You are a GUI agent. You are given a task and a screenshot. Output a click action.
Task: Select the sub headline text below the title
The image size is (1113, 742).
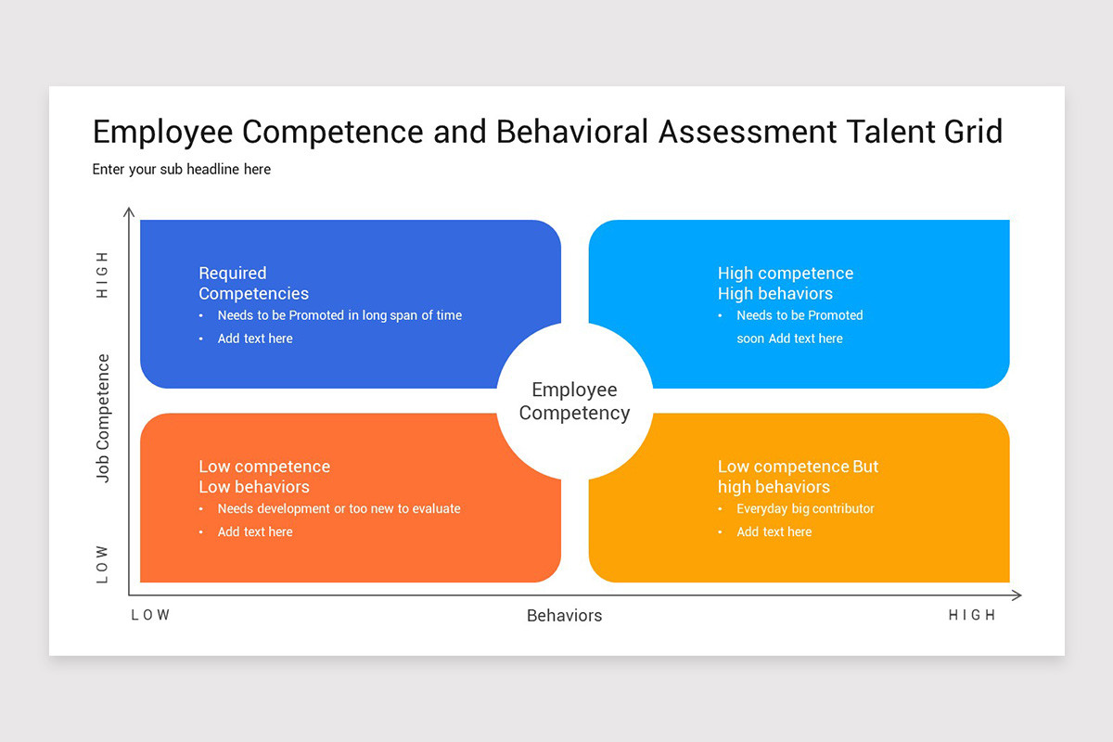click(x=182, y=170)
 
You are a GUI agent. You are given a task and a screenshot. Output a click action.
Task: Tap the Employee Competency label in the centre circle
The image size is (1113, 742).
click(x=574, y=402)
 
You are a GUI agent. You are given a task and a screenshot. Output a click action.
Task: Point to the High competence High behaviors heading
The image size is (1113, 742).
click(x=785, y=283)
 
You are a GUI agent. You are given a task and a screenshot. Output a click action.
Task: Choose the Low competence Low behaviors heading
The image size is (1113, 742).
click(x=264, y=477)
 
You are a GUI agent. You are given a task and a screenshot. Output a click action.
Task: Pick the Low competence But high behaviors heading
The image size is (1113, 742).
click(x=798, y=477)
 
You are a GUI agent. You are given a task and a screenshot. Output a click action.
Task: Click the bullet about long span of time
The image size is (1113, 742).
click(x=339, y=315)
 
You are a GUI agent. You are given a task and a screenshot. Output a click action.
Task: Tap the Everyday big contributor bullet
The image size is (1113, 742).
click(x=805, y=508)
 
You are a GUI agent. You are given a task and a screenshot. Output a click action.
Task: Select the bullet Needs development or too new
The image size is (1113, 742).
click(x=339, y=508)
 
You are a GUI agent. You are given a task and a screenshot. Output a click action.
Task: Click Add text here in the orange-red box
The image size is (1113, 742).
click(x=255, y=531)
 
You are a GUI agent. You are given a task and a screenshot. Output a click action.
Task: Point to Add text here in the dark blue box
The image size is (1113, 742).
click(x=255, y=339)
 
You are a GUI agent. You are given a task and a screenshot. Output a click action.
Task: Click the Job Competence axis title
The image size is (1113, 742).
click(x=103, y=418)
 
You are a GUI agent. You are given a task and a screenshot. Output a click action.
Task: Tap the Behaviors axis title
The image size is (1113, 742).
click(x=564, y=616)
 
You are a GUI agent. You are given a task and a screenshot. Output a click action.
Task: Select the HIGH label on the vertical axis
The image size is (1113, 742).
click(x=103, y=275)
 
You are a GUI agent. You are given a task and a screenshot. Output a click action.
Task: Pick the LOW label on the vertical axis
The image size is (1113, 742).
click(x=103, y=564)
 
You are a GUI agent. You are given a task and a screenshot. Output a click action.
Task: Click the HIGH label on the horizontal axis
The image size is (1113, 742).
click(x=972, y=615)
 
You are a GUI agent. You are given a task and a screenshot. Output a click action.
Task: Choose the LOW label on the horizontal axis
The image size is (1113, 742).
click(x=151, y=615)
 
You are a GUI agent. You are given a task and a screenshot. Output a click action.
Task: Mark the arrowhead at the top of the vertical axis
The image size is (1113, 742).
click(x=129, y=211)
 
